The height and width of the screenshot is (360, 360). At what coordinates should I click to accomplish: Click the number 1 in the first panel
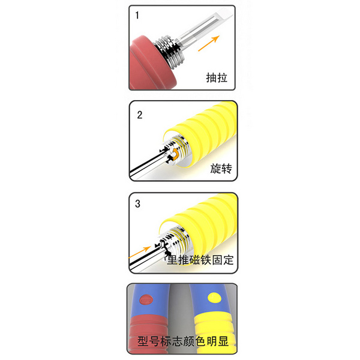137,15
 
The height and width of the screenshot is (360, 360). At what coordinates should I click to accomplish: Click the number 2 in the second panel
140,115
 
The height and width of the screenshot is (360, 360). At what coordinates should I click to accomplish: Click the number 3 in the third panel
137,203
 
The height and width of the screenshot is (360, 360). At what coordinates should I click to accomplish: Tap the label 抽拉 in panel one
217,78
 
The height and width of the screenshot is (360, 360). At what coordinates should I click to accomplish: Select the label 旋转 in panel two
221,169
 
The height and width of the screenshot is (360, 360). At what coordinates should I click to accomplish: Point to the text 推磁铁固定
206,260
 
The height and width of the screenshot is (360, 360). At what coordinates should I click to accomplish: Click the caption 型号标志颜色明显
183,341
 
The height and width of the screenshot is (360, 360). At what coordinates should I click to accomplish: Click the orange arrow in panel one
209,43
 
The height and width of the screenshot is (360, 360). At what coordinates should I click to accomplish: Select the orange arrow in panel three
140,253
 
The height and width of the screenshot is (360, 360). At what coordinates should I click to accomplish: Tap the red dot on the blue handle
146,300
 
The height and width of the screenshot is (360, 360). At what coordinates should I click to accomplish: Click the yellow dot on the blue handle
214,298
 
